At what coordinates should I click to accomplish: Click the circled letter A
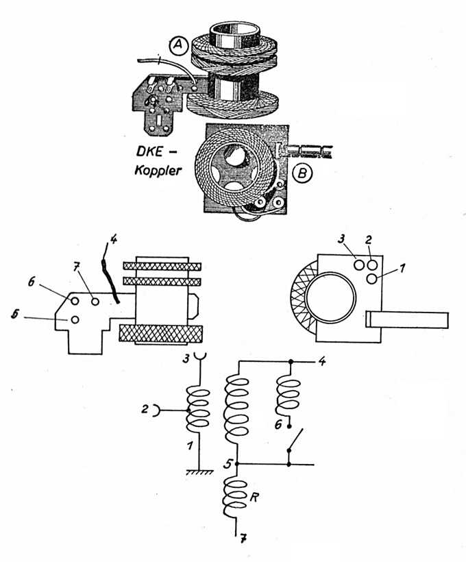[179, 47]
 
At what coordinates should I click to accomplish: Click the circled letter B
[302, 173]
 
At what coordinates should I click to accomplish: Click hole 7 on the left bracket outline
[95, 302]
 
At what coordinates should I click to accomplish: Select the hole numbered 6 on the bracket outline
[75, 301]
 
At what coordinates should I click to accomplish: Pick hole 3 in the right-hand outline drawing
[360, 265]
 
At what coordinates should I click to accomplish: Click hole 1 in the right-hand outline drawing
[372, 279]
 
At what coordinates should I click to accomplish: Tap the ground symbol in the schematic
[199, 472]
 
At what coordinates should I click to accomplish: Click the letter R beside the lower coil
[254, 498]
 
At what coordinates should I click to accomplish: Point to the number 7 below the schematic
[244, 538]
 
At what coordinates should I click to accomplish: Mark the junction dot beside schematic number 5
[236, 465]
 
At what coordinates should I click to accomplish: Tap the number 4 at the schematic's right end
[322, 361]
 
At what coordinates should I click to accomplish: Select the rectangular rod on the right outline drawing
[407, 319]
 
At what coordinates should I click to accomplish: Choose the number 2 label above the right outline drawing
[369, 240]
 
